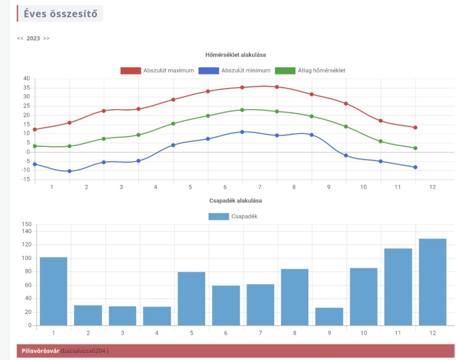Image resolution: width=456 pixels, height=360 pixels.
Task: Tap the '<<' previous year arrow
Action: pyautogui.click(x=20, y=38)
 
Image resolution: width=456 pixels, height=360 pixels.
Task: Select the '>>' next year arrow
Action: pyautogui.click(x=46, y=38)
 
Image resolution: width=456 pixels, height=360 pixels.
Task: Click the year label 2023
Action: pyautogui.click(x=33, y=38)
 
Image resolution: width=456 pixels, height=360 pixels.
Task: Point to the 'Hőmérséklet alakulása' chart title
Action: pyautogui.click(x=236, y=55)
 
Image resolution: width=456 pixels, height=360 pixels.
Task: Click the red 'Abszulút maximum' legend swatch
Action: pyautogui.click(x=131, y=71)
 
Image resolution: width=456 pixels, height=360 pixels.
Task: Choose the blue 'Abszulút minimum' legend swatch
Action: pyautogui.click(x=209, y=71)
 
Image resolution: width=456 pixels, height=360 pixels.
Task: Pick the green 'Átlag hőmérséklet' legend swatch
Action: pyautogui.click(x=285, y=71)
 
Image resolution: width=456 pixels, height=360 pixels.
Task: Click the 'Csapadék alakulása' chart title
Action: pyautogui.click(x=236, y=201)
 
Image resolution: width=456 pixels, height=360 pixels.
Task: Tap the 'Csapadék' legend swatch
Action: pyautogui.click(x=217, y=217)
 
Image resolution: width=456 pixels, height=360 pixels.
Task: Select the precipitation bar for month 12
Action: pyautogui.click(x=433, y=282)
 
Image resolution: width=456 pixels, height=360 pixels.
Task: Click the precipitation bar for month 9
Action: pyautogui.click(x=329, y=316)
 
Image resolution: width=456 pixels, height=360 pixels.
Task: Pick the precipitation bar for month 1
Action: pyautogui.click(x=53, y=291)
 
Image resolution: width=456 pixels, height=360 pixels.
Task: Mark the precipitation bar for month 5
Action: pyautogui.click(x=191, y=299)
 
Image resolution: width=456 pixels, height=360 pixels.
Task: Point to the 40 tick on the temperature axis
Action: pyautogui.click(x=26, y=79)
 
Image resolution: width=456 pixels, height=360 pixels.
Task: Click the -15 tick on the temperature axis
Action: pyautogui.click(x=25, y=180)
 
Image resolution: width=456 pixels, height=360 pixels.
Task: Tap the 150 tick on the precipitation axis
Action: pyautogui.click(x=27, y=225)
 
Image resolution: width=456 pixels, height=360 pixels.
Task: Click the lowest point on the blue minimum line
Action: pyautogui.click(x=69, y=171)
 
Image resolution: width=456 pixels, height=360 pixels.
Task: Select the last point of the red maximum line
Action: pyautogui.click(x=415, y=127)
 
